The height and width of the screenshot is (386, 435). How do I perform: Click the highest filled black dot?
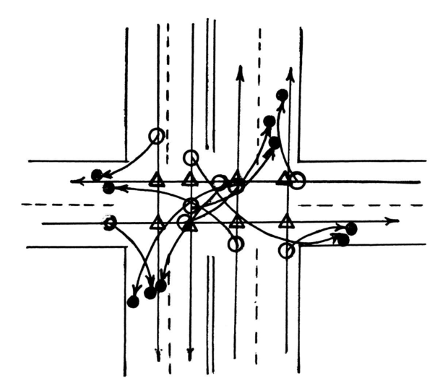(x=282, y=95)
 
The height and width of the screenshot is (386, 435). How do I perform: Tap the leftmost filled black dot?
(x=97, y=174)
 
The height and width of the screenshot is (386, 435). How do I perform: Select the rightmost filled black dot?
(x=351, y=228)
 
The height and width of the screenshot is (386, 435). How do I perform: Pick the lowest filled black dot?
(x=133, y=301)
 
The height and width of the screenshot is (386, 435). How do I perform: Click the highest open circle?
(x=156, y=135)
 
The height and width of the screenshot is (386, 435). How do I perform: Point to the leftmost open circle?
(x=110, y=223)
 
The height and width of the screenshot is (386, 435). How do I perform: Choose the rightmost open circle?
(x=298, y=181)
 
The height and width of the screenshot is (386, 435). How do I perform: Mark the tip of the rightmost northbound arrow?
(x=290, y=71)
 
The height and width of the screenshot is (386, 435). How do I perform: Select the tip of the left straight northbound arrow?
(x=239, y=69)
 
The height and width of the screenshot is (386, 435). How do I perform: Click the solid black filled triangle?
(x=190, y=226)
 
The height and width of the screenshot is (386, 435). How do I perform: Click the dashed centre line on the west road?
(x=65, y=205)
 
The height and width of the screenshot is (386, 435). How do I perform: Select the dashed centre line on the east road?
(x=361, y=205)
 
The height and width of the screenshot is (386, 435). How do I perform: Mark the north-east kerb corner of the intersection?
(x=301, y=160)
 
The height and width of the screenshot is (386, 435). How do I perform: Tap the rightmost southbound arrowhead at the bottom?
(x=191, y=356)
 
